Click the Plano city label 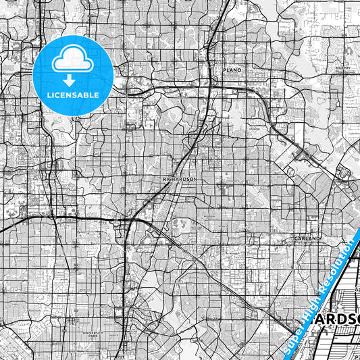click(x=232, y=70)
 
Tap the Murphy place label click(x=341, y=68)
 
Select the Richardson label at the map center click(x=179, y=179)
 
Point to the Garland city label click(x=305, y=239)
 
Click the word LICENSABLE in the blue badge click(x=73, y=95)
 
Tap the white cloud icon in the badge click(x=73, y=59)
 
